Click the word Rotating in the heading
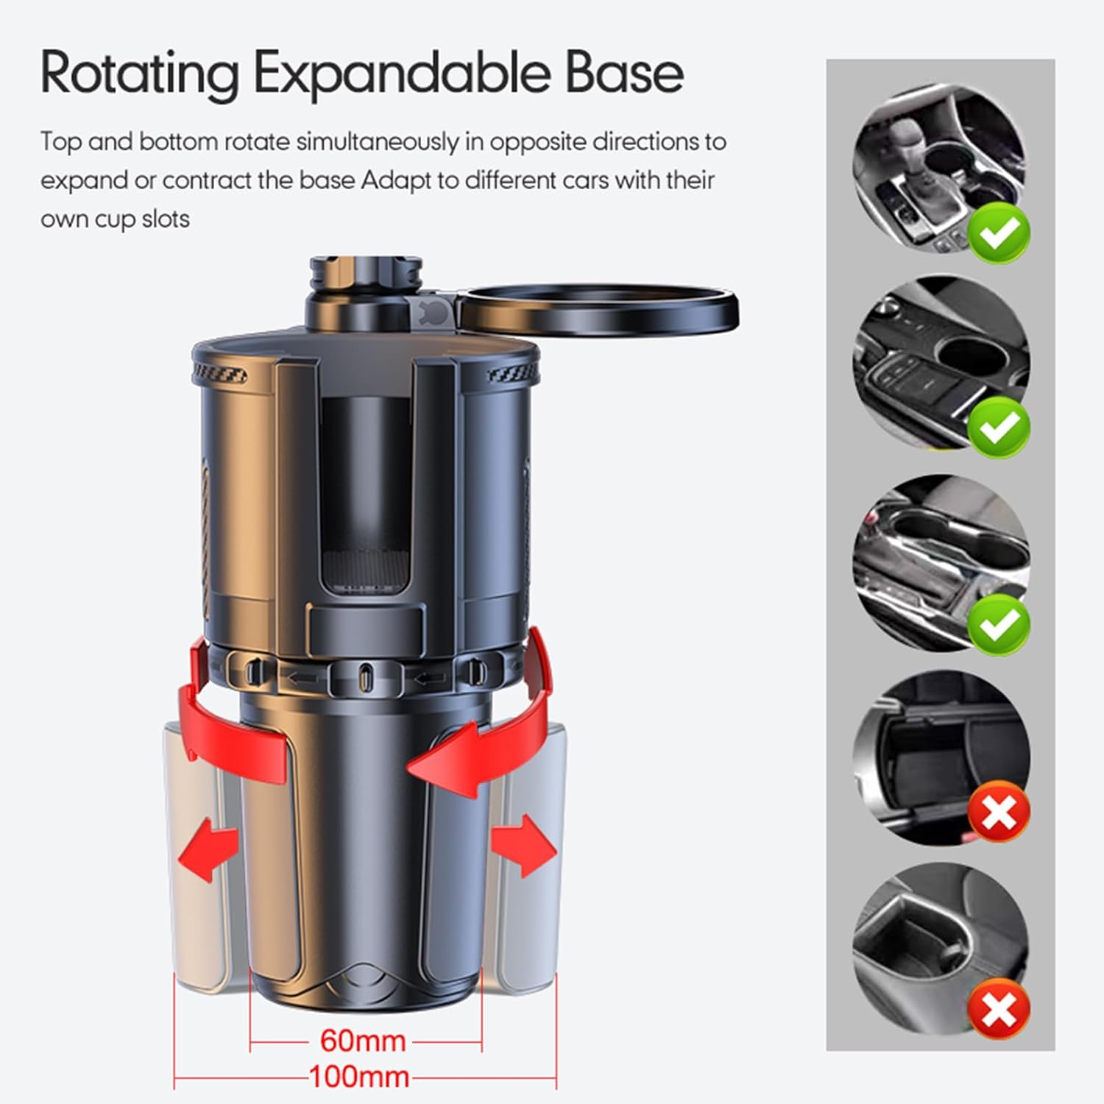[x=140, y=74]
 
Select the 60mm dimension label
[x=363, y=1041]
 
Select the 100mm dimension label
[x=359, y=1077]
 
